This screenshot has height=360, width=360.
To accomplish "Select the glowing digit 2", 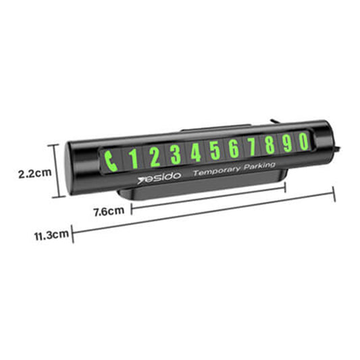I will point(154,157).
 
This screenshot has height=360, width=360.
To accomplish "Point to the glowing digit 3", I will point(176,155).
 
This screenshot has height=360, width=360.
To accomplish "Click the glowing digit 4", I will point(196,153).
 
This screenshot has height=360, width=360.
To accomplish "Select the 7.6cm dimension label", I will point(108,210).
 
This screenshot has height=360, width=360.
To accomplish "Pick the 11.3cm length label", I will point(52,235).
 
